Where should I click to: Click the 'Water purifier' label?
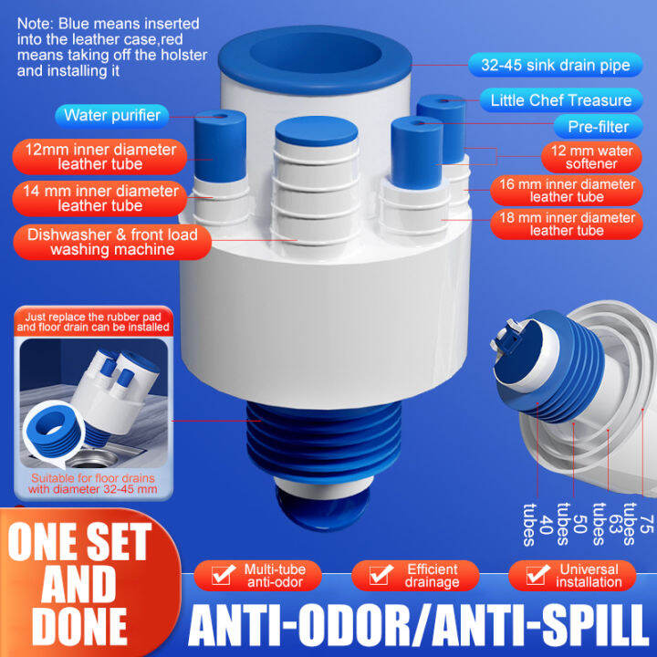tap(112, 115)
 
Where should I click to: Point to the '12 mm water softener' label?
tap(590, 157)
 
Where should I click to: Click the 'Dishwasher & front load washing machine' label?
tap(111, 242)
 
